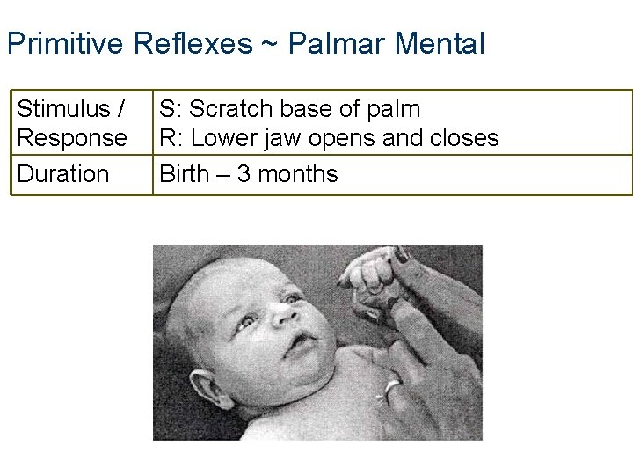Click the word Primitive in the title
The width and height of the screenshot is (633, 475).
point(67,43)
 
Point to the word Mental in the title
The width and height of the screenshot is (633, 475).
point(439,43)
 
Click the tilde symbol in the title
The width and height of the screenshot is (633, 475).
point(269,44)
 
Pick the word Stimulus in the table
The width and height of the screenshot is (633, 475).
point(62,110)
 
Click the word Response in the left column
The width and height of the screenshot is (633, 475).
point(72,138)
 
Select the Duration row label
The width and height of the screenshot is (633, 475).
point(63,174)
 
